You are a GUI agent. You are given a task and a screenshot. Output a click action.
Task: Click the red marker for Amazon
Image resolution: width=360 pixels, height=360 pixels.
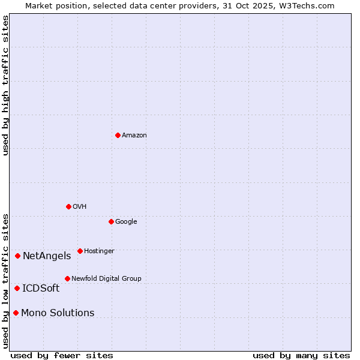(118, 135)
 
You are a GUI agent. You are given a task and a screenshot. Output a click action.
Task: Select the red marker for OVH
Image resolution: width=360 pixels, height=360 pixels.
(68, 206)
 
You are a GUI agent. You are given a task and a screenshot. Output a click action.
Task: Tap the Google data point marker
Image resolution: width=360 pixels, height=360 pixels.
(111, 221)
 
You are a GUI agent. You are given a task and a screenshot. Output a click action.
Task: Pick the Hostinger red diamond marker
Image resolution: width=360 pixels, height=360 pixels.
(80, 251)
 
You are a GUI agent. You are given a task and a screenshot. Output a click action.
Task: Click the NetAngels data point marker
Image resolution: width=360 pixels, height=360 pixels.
(17, 256)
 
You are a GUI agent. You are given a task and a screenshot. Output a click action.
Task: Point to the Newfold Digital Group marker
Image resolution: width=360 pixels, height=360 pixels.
(67, 278)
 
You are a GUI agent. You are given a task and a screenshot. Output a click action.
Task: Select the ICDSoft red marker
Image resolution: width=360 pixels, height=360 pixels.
(17, 288)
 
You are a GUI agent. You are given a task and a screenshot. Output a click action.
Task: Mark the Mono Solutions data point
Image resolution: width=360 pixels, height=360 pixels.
(16, 313)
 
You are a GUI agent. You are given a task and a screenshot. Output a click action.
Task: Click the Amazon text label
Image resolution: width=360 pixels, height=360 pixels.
(134, 136)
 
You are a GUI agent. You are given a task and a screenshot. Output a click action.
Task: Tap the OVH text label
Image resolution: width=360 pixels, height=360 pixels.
(79, 207)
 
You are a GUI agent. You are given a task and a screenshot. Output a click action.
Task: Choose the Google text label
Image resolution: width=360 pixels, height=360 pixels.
(126, 222)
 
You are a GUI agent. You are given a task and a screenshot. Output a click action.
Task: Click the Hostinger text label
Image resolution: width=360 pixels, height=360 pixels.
(99, 251)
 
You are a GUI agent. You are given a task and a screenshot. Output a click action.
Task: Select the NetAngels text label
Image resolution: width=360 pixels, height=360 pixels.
(47, 256)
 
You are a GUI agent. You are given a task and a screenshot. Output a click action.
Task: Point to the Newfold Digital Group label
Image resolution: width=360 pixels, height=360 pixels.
(106, 278)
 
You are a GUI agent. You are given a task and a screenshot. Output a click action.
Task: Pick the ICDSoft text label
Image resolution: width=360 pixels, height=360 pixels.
(41, 289)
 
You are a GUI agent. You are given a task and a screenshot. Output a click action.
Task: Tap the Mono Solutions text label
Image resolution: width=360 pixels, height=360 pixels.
(58, 313)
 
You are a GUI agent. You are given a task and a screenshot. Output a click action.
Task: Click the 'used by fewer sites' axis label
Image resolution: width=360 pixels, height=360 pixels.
(62, 355)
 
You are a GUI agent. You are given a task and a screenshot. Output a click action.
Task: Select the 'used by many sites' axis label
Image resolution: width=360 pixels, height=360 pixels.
(301, 355)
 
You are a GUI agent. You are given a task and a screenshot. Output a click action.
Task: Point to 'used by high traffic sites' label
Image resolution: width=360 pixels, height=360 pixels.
(5, 85)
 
